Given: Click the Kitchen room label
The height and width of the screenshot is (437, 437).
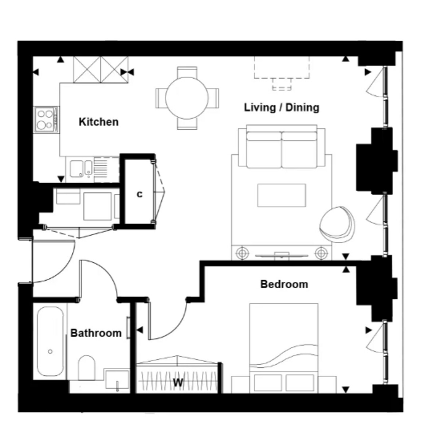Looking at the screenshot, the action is pyautogui.click(x=99, y=122).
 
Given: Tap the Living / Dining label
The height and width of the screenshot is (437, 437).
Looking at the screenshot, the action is pyautogui.click(x=282, y=107).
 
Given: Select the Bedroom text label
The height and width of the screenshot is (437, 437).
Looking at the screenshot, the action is pyautogui.click(x=284, y=284).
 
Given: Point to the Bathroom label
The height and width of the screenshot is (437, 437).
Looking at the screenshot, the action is pyautogui.click(x=96, y=333).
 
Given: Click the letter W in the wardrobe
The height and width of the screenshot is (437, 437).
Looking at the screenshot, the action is pyautogui.click(x=178, y=383).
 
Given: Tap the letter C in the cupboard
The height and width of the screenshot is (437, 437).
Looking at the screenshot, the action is pyautogui.click(x=140, y=194).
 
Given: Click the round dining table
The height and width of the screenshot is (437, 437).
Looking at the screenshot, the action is pyautogui.click(x=187, y=98).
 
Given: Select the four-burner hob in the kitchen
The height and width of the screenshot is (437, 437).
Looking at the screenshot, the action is pyautogui.click(x=47, y=119).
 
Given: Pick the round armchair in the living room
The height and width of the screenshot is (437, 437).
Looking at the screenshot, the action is pyautogui.click(x=337, y=224).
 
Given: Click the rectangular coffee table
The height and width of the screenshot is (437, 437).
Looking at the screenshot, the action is pyautogui.click(x=282, y=195).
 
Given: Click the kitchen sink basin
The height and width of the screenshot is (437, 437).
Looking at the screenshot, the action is pyautogui.click(x=76, y=169).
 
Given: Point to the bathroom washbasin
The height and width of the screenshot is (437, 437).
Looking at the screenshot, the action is pyautogui.click(x=117, y=381).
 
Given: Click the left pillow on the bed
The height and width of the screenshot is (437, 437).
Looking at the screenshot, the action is pyautogui.click(x=268, y=383).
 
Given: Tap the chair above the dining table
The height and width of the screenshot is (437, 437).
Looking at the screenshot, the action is pyautogui.click(x=187, y=72).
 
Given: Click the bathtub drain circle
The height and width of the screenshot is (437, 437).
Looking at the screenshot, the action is pyautogui.click(x=50, y=351).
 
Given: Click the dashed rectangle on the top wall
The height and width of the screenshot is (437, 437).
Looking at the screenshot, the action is pyautogui.click(x=282, y=67).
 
